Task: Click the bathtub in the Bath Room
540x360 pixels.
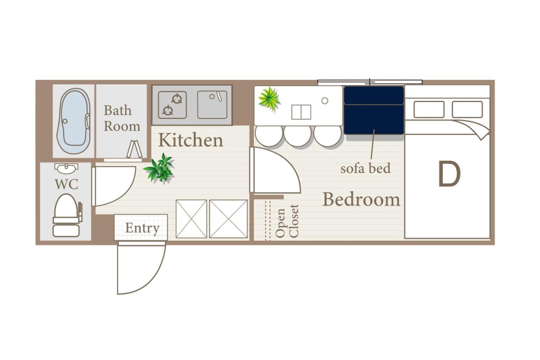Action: click(x=74, y=121)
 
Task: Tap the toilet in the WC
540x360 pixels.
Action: click(x=66, y=215)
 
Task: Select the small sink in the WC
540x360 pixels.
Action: click(x=66, y=168)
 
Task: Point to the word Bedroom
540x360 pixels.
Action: click(x=361, y=199)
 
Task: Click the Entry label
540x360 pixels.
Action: click(x=142, y=228)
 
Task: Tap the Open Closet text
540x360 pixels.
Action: click(x=287, y=221)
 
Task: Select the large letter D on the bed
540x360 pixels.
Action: click(x=449, y=174)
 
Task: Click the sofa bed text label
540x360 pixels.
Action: click(x=366, y=168)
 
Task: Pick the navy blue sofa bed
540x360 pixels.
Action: click(x=374, y=110)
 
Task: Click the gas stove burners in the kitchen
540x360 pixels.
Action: click(x=172, y=105)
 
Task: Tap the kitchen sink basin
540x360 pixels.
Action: click(x=212, y=105)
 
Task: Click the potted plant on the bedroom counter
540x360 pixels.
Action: click(x=269, y=99)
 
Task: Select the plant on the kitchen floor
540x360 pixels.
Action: click(x=159, y=168)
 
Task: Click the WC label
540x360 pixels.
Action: click(x=66, y=184)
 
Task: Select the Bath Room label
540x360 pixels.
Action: click(x=122, y=118)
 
